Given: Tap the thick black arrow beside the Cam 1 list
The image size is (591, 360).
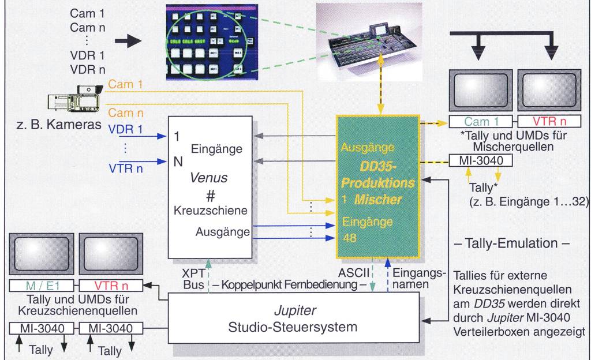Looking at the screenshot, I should click(127, 41).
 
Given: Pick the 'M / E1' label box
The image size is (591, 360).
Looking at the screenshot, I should click(43, 285).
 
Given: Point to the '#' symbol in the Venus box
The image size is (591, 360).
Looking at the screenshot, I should click(210, 196).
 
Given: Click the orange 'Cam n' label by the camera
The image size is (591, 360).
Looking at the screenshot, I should click(125, 114).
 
